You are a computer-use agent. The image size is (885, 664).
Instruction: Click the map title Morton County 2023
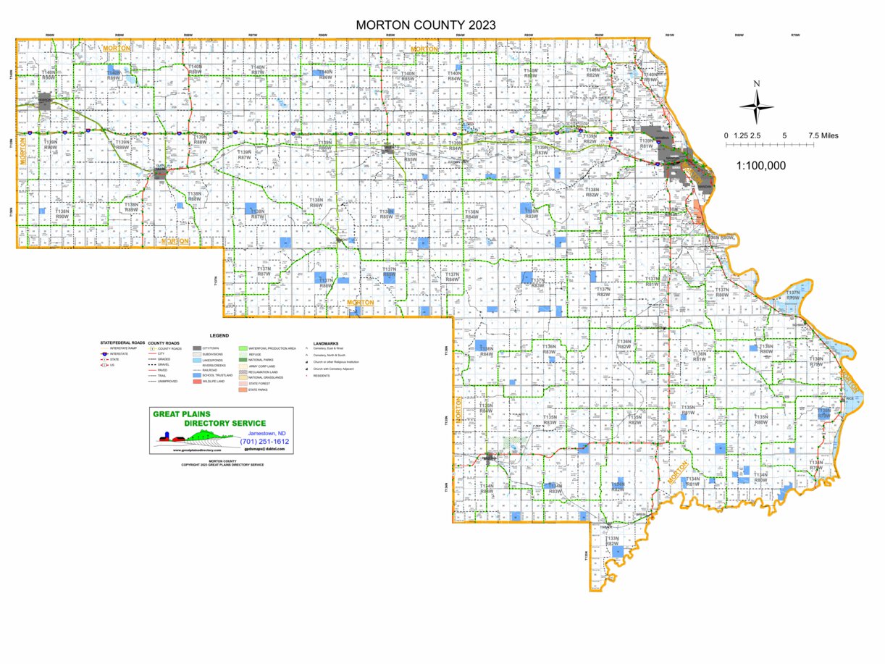[x=426, y=25]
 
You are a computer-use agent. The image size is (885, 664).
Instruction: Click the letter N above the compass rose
[x=756, y=83]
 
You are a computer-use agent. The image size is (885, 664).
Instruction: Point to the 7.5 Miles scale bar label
[x=823, y=135]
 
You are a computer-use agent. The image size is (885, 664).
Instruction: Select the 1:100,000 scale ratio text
[x=760, y=165]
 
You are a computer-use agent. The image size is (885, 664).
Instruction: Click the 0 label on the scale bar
[x=726, y=135]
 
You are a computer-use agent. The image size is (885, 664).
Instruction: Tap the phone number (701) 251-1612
[x=264, y=441]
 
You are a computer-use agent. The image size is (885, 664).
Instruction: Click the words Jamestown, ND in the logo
[x=267, y=433]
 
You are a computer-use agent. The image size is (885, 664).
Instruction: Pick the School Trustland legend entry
[x=214, y=375]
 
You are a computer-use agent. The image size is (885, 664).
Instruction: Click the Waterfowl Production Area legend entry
[x=272, y=348]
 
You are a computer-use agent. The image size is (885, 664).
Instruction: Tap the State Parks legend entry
[x=257, y=390]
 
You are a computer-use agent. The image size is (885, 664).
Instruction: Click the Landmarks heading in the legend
[x=326, y=343]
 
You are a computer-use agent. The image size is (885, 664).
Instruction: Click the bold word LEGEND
[x=219, y=336]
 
